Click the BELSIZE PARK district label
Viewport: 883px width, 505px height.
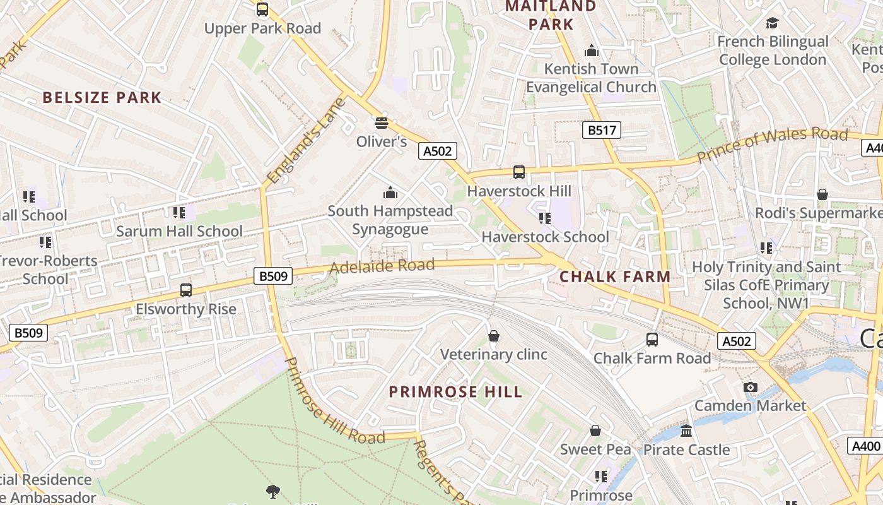[x=102, y=97]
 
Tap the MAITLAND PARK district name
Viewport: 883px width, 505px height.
[x=551, y=15]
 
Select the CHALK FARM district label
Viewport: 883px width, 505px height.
[x=615, y=276]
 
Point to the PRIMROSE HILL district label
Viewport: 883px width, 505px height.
[x=455, y=392]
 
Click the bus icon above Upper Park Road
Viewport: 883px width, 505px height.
[x=262, y=9]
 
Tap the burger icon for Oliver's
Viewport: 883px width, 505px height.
[x=381, y=122]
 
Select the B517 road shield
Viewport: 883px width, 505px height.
[x=600, y=130]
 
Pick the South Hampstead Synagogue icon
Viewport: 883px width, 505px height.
[x=390, y=192]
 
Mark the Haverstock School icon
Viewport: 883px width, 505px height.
[x=545, y=218]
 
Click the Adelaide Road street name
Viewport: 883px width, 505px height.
[x=382, y=266]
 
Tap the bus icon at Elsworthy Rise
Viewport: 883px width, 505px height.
[x=186, y=290]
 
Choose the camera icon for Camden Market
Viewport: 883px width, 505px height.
[x=750, y=387]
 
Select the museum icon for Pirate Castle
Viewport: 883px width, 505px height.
[x=686, y=431]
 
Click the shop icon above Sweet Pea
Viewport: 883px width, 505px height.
[x=595, y=431]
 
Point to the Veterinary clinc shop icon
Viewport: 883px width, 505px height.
[x=494, y=336]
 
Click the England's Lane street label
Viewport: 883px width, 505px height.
[x=307, y=141]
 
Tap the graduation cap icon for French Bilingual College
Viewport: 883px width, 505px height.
[x=772, y=23]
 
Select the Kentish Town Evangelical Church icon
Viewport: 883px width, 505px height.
[x=592, y=50]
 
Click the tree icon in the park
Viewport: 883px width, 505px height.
[x=273, y=490]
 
